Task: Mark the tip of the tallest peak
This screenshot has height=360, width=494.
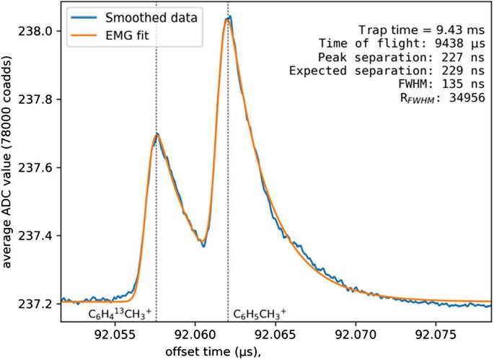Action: [x=229, y=17]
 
